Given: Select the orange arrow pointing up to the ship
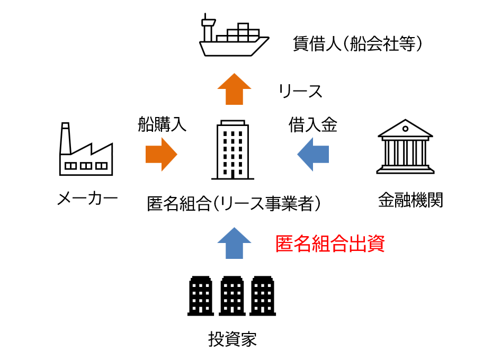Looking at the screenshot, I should click(235, 88).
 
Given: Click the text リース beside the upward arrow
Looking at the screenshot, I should click(301, 91).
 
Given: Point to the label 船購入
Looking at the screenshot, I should click(162, 124).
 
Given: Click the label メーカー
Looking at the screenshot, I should click(87, 199).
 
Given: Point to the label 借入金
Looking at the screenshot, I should click(312, 124).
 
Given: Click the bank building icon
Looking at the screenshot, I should click(405, 147).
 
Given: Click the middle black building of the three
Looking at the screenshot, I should click(231, 295).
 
